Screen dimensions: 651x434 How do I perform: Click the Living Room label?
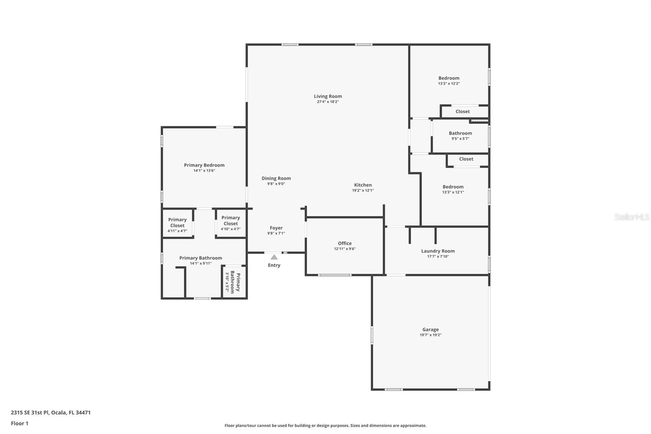click(328, 96)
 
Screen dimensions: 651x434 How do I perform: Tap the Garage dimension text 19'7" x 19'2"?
click(430, 335)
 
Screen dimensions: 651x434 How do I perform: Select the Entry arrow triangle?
click(274, 257)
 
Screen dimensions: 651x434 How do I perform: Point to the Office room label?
click(345, 243)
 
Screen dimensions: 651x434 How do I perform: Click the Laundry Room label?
click(438, 251)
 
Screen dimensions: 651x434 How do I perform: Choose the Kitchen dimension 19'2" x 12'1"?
click(363, 190)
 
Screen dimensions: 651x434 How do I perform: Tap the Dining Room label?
click(276, 178)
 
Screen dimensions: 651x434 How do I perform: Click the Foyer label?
click(276, 228)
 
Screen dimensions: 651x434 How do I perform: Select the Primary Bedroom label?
click(204, 165)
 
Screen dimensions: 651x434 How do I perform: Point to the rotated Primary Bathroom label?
click(235, 282)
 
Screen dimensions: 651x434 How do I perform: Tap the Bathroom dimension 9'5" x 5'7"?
click(460, 138)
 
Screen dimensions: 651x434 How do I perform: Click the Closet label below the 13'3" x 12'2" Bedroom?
click(463, 112)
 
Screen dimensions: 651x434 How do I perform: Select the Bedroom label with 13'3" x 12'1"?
click(453, 187)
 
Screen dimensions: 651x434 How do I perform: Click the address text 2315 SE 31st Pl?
click(30, 412)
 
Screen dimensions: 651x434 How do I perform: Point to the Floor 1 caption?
click(20, 423)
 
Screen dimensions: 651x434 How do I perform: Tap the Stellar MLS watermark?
click(631, 217)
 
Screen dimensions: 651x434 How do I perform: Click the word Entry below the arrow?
click(274, 265)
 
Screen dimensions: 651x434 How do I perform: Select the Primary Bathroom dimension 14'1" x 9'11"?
click(201, 263)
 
